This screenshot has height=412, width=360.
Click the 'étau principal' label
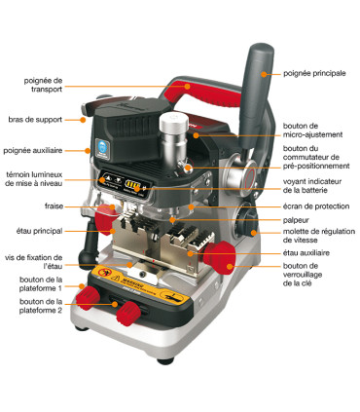[x=40, y=231]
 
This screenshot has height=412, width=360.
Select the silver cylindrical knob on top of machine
[x=172, y=130]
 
